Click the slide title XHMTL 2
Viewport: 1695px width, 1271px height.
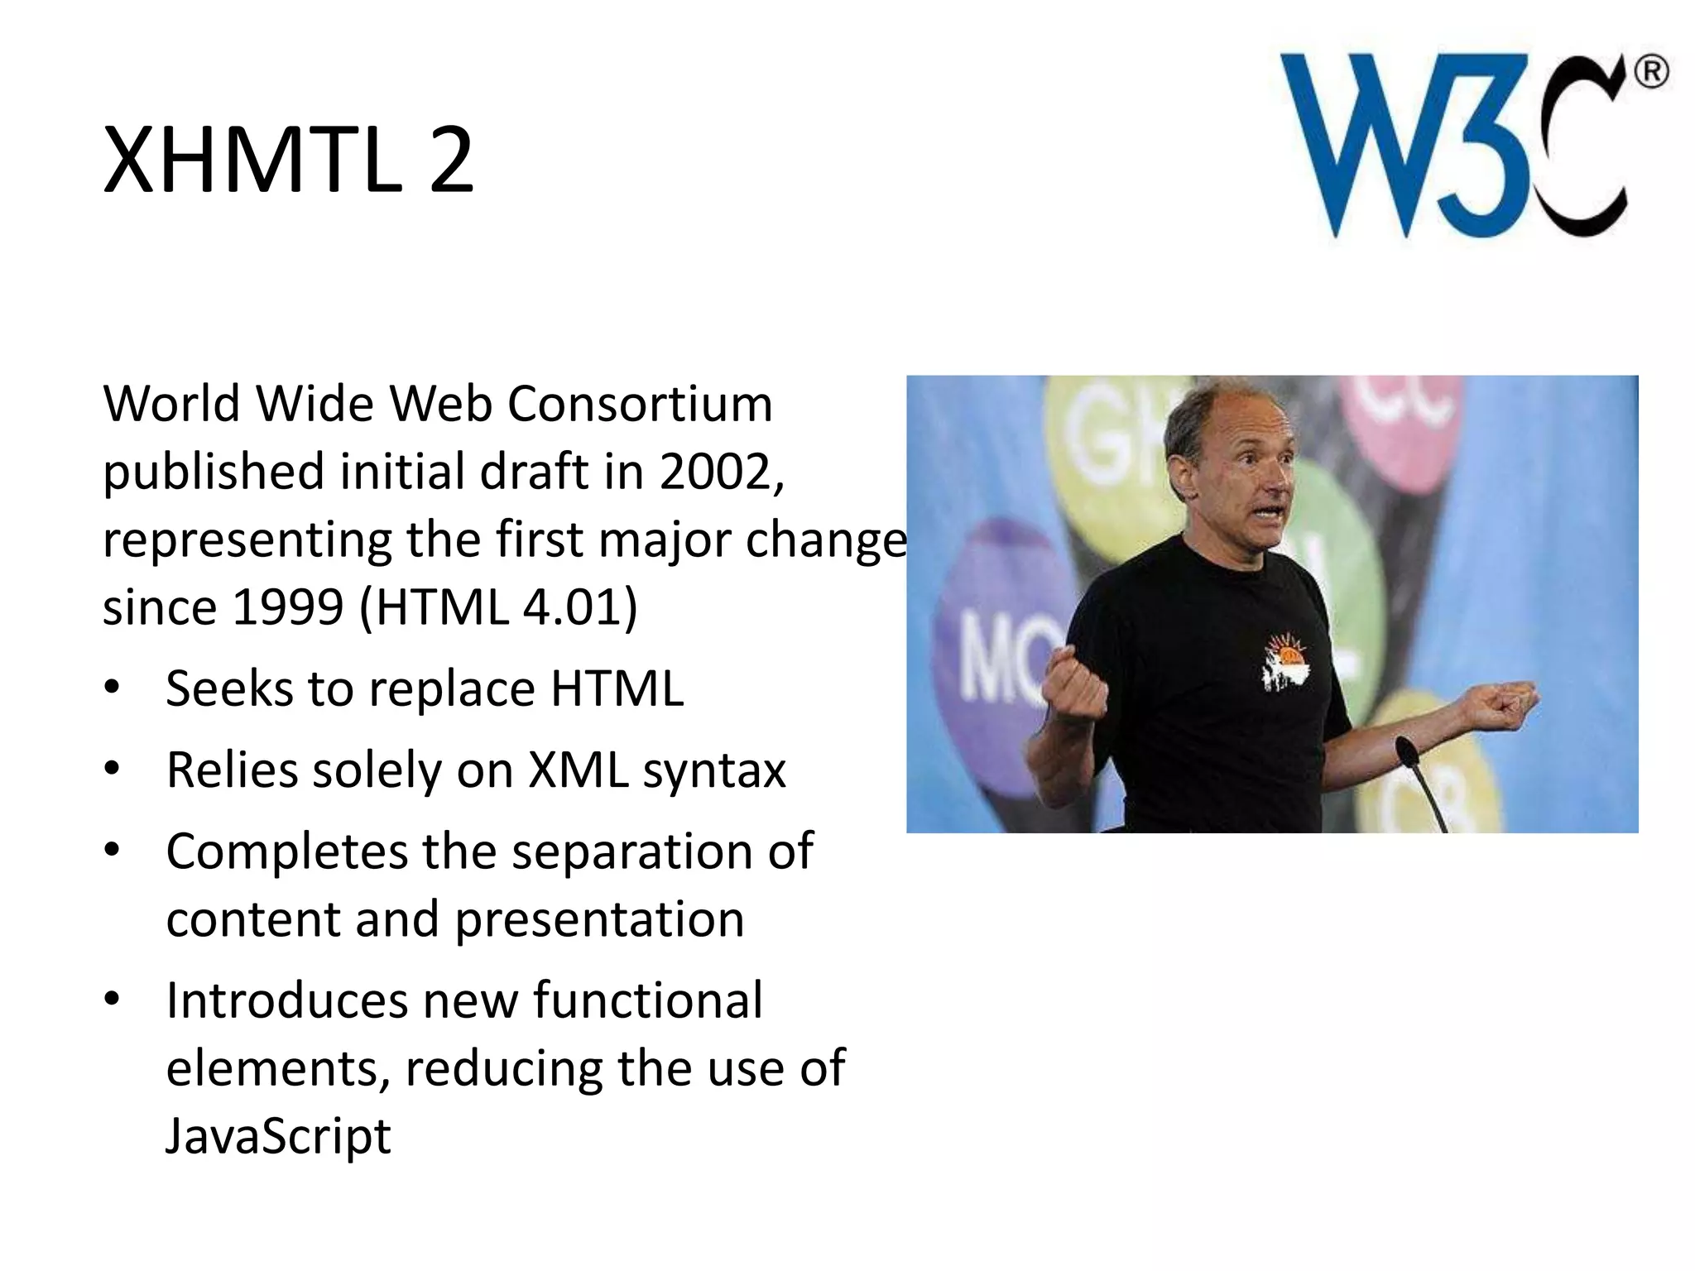pyautogui.click(x=288, y=161)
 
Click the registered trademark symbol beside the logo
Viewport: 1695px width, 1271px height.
pyautogui.click(x=1651, y=73)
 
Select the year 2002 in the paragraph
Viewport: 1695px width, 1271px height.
pyautogui.click(x=718, y=472)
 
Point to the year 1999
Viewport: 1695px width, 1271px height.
pyautogui.click(x=287, y=607)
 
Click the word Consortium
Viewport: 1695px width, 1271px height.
pyautogui.click(x=639, y=405)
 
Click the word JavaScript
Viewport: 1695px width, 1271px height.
pyautogui.click(x=278, y=1135)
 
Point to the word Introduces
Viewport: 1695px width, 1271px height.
pyautogui.click(x=286, y=1000)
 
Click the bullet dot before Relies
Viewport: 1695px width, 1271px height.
pyautogui.click(x=113, y=770)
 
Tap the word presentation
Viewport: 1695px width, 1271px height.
pyautogui.click(x=599, y=919)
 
